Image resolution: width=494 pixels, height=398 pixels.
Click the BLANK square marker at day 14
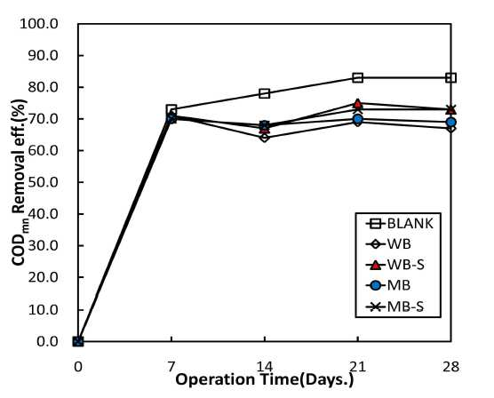tap(265, 93)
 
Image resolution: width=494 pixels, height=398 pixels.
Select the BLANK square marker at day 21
tap(357, 77)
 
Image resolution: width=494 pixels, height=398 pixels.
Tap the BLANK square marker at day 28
tap(450, 77)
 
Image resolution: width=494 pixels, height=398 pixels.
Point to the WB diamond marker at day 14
tap(265, 138)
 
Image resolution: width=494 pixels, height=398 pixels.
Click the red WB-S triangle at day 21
tap(357, 103)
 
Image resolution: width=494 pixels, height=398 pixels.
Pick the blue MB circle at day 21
tap(357, 119)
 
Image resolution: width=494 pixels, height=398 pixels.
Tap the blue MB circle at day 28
tap(450, 122)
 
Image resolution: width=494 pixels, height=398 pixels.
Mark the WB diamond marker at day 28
tap(450, 129)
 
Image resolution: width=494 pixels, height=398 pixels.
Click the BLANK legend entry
tap(400, 224)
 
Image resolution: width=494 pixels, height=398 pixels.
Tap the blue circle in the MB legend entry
tap(375, 285)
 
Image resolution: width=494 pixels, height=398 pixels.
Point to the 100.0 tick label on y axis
tap(39, 24)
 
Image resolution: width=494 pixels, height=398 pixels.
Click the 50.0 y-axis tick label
tap(43, 182)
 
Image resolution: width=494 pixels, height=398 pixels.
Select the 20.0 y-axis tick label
tap(43, 277)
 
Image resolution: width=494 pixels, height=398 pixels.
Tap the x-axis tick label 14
tap(265, 367)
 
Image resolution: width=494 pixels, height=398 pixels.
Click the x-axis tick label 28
tap(450, 367)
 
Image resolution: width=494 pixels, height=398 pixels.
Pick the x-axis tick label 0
tap(78, 367)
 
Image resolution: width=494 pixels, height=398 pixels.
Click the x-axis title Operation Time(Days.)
tap(265, 379)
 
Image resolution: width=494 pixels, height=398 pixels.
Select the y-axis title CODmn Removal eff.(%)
tap(20, 182)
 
